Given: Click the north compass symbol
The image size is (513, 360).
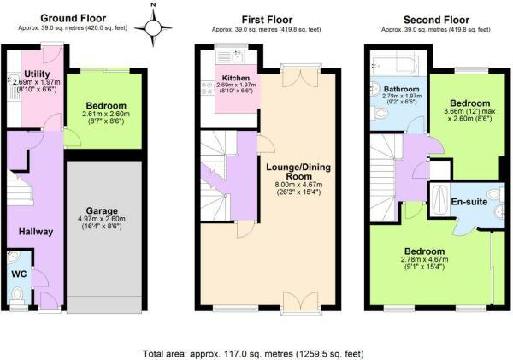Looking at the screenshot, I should pos(153,28).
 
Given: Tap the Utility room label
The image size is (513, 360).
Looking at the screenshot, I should pos(37,74).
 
